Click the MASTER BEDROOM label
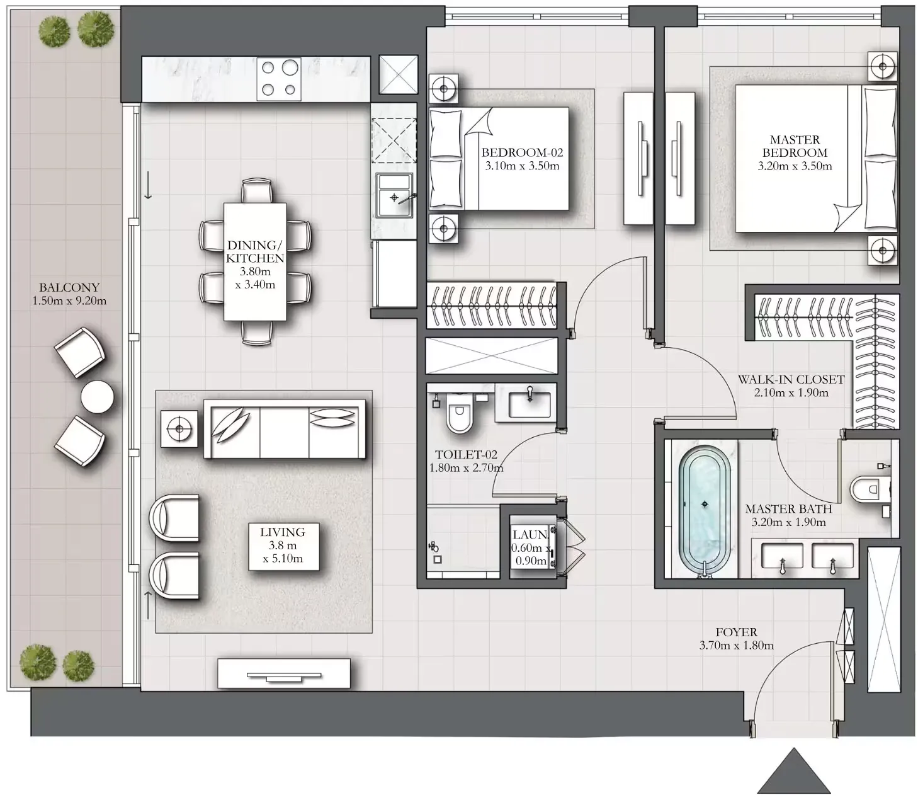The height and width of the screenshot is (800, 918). [x=795, y=146]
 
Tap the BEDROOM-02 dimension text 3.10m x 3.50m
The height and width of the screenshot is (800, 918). [x=522, y=166]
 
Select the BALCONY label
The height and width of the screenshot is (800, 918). [x=69, y=287]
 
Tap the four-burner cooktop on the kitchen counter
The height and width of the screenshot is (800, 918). [x=279, y=79]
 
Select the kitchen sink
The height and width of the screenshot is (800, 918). [x=394, y=195]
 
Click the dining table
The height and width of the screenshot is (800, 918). [x=255, y=261]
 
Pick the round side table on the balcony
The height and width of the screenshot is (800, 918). [x=98, y=397]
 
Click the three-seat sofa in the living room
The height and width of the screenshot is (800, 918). [x=285, y=429]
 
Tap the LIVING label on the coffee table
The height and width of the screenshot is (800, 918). [x=283, y=532]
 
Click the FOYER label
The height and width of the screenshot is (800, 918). [x=736, y=632]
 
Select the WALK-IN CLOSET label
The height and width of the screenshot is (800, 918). [x=791, y=379]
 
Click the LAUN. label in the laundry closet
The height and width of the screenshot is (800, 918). [x=530, y=535]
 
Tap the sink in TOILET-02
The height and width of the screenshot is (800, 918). [x=530, y=403]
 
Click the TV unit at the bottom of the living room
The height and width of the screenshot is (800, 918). [x=283, y=673]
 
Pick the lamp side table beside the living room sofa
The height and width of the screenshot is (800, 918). [x=179, y=429]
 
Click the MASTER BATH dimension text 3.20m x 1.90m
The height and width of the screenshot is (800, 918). [x=788, y=522]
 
